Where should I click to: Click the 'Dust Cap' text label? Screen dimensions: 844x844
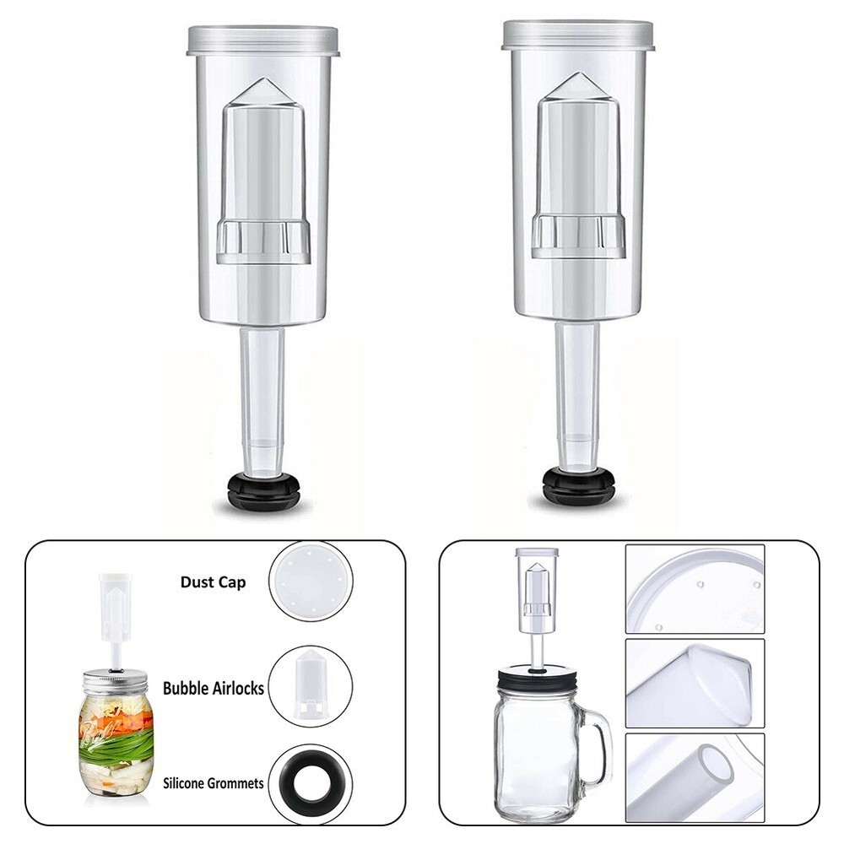click(x=213, y=582)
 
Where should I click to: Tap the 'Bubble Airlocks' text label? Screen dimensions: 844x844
click(x=214, y=688)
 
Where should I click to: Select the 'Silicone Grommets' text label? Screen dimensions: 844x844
click(x=214, y=783)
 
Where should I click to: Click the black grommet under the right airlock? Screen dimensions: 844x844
click(x=578, y=487)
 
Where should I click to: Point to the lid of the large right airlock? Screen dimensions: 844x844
click(x=578, y=35)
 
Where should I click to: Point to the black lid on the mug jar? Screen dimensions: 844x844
click(x=538, y=678)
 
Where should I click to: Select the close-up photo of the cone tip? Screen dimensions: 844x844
click(x=695, y=683)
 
